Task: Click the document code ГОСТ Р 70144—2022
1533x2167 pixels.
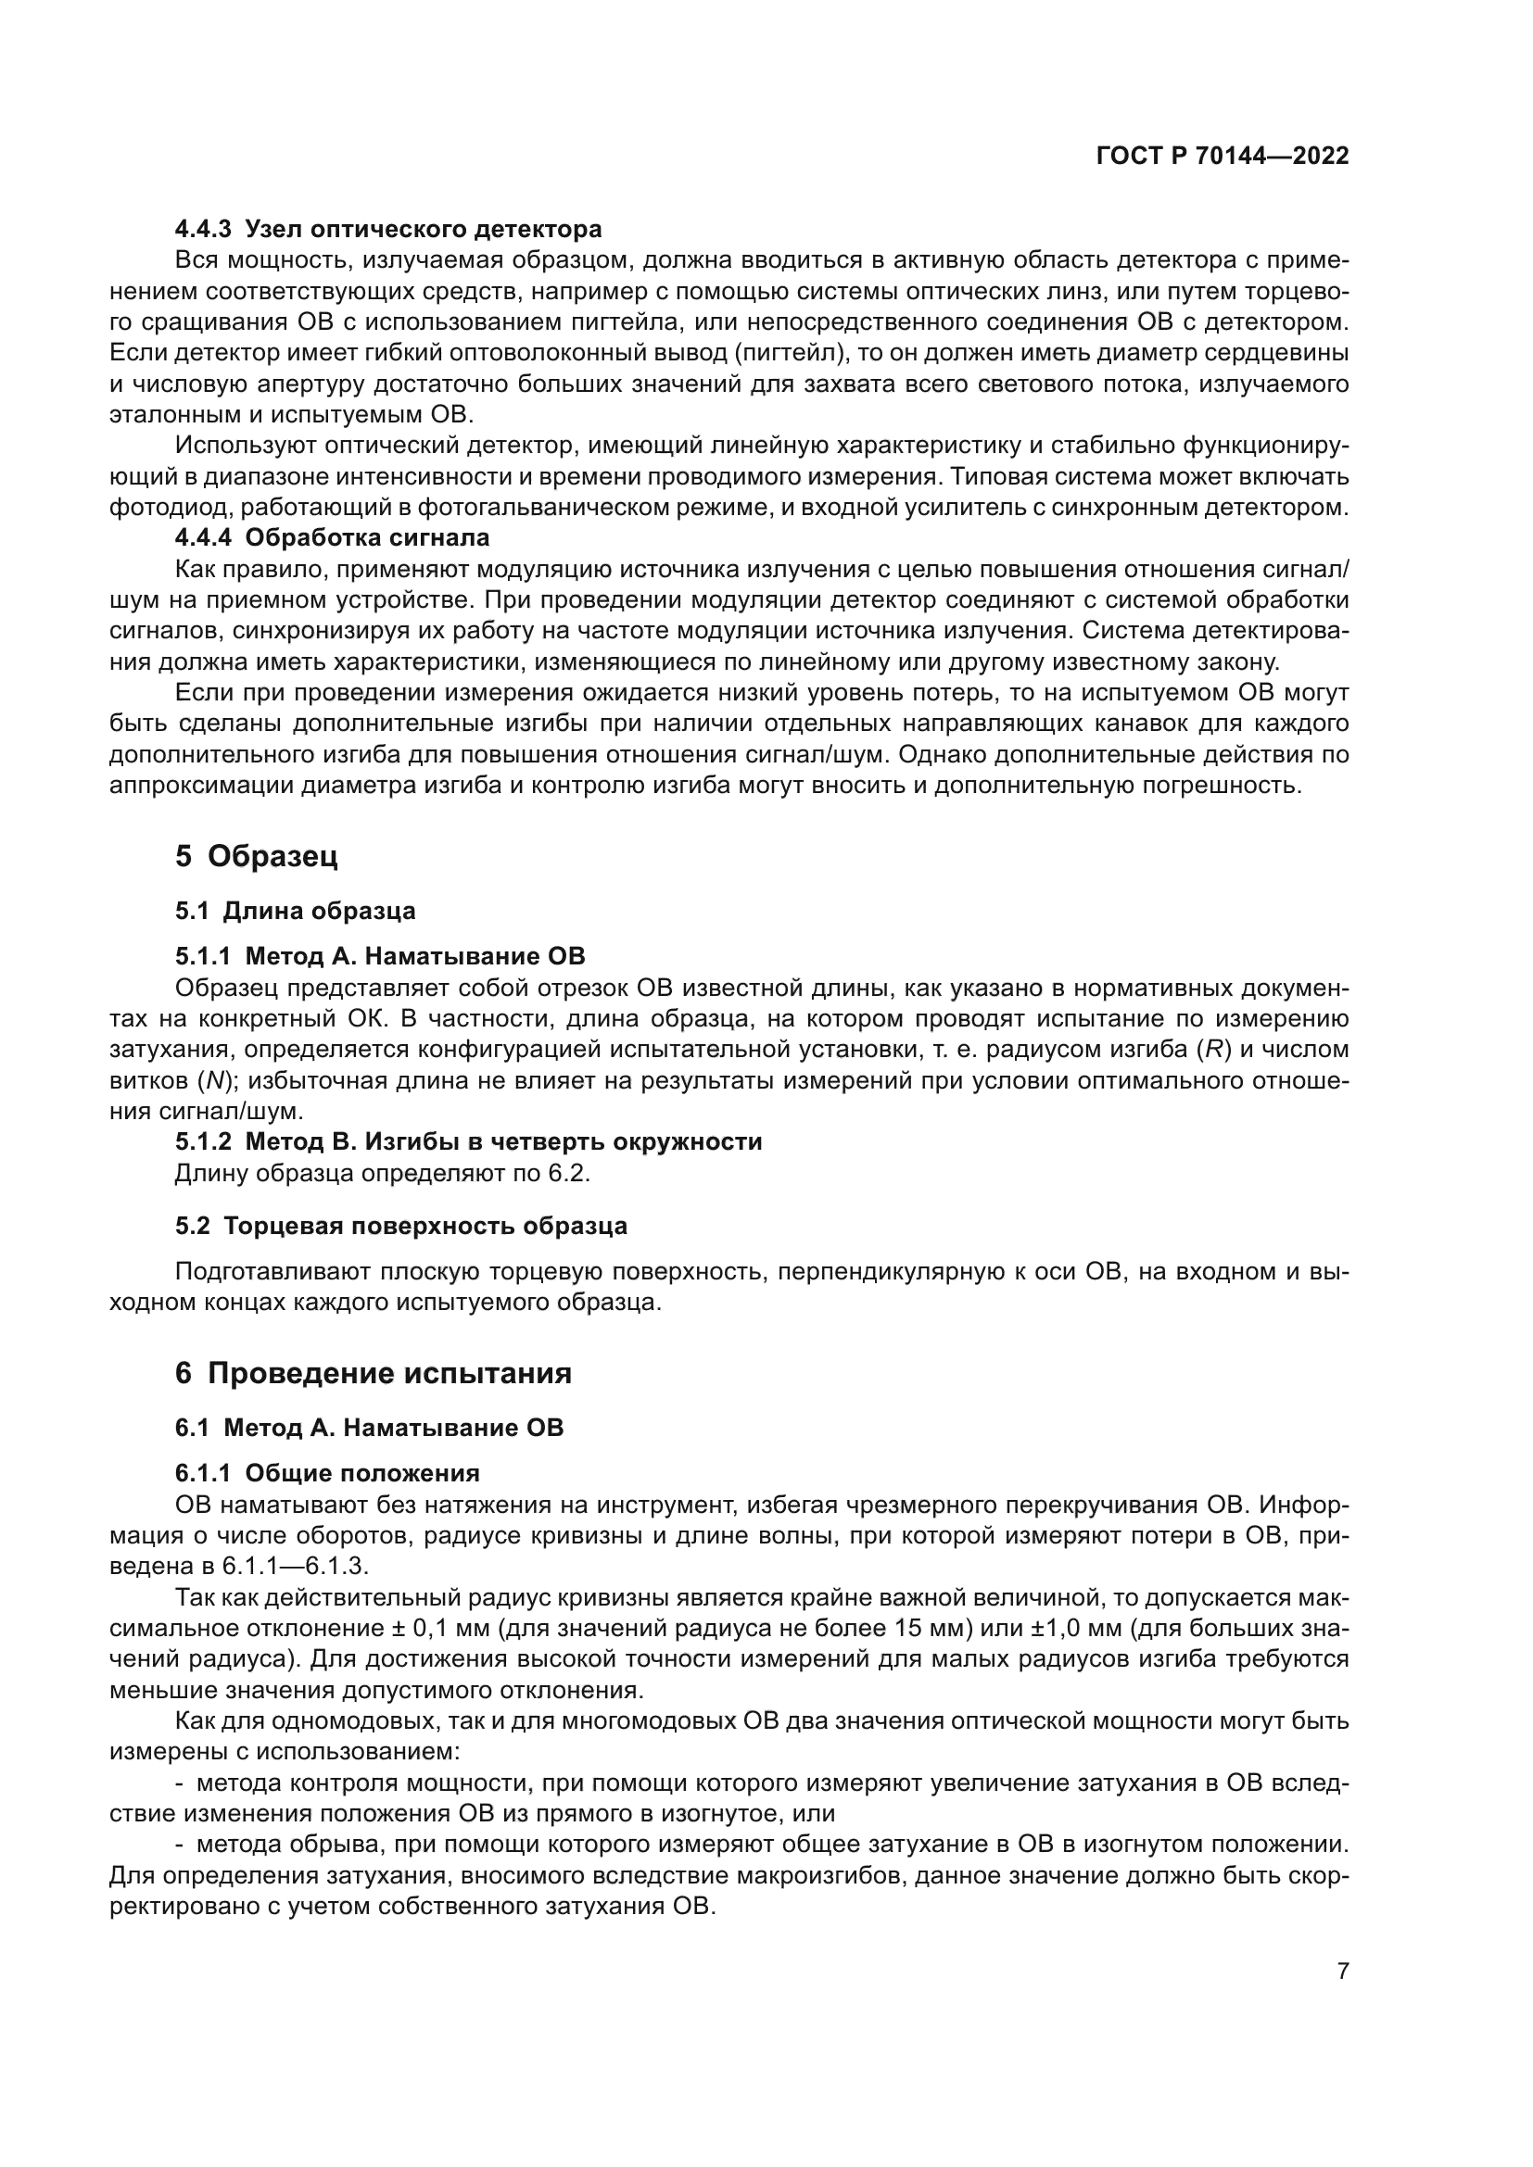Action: (1223, 157)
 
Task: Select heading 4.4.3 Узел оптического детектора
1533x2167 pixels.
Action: (388, 230)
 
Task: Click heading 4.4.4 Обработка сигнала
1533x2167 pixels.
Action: (333, 538)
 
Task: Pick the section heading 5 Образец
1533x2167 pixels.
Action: (256, 856)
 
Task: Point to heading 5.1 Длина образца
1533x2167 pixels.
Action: (296, 911)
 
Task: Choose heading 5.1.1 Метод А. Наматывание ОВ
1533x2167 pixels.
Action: (379, 956)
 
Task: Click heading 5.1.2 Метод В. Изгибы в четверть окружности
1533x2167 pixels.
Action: (468, 1141)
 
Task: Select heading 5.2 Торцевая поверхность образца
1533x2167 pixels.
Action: (401, 1226)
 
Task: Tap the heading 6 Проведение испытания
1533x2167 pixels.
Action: (373, 1372)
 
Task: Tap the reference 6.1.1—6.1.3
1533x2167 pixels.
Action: (295, 1566)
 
